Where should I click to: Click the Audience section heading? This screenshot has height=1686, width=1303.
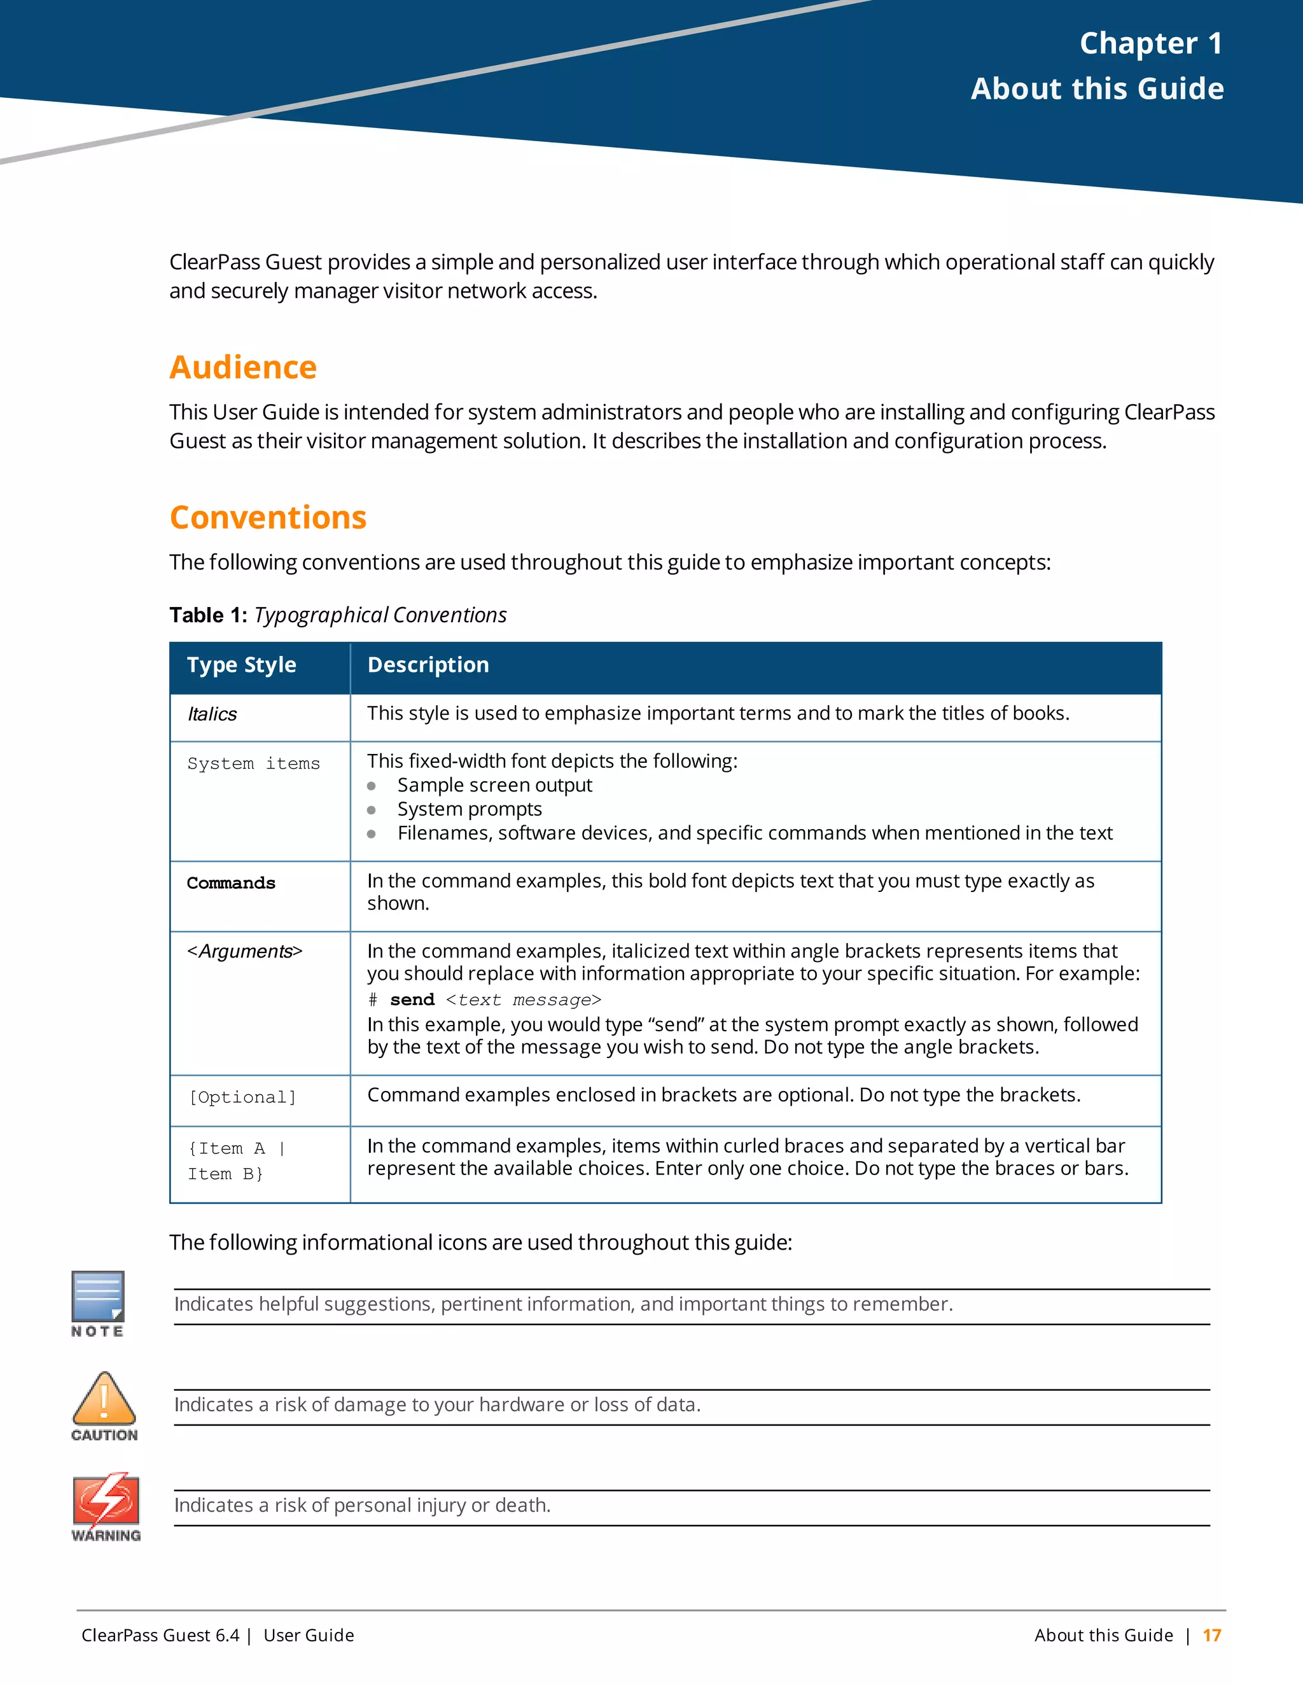point(243,368)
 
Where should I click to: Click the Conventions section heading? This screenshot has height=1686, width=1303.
point(268,517)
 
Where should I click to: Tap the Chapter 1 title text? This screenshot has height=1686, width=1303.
point(1150,43)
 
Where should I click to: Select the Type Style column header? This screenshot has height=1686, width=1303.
point(242,665)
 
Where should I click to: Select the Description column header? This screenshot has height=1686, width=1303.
point(428,665)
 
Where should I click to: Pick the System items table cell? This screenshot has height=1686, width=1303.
point(253,763)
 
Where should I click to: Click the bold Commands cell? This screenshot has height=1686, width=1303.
point(231,883)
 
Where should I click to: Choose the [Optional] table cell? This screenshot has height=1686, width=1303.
point(243,1097)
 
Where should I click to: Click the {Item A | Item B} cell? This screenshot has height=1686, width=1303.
point(235,1160)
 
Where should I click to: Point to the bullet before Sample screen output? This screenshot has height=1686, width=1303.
point(372,786)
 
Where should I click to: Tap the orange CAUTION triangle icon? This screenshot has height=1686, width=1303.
point(104,1399)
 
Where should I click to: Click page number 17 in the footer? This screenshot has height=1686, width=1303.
point(1212,1635)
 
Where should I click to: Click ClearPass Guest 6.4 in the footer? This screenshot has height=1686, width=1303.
point(160,1635)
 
